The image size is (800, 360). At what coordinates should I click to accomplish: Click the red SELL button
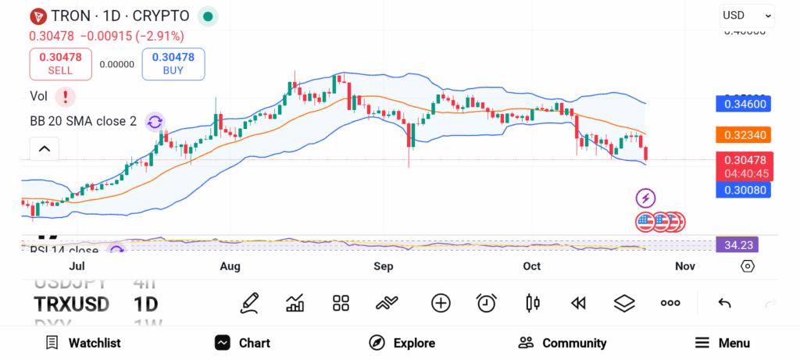[61, 64]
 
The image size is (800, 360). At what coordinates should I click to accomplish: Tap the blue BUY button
[173, 64]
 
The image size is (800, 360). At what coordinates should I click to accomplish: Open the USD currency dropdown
[747, 15]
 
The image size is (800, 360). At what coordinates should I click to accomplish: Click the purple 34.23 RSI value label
[737, 244]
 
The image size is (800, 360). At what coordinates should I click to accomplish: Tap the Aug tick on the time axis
[230, 266]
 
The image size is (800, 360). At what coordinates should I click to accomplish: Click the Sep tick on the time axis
[383, 266]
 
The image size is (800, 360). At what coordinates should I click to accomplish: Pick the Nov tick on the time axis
[684, 266]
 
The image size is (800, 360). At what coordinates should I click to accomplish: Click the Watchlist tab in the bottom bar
[84, 343]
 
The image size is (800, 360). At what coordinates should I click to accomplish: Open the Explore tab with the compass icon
[402, 343]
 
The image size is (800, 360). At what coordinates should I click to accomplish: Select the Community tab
[562, 343]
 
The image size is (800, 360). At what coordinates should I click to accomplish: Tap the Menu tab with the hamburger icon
[723, 343]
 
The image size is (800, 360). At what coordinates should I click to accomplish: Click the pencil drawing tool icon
[249, 303]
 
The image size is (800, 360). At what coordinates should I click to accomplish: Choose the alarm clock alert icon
[487, 303]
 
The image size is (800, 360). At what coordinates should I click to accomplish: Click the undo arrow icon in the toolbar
[724, 303]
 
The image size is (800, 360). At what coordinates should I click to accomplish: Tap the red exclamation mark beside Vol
[66, 97]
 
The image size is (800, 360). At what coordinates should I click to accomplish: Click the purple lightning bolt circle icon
[645, 198]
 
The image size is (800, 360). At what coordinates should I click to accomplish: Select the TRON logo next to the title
[37, 16]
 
